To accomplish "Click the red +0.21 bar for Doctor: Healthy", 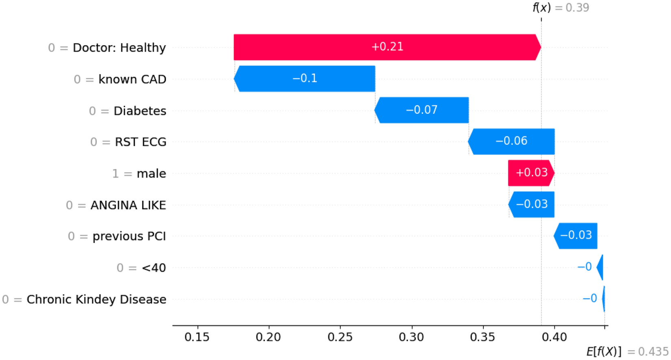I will pyautogui.click(x=387, y=47).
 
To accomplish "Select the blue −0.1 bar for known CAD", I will pyautogui.click(x=305, y=78).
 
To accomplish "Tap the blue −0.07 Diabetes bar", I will pyautogui.click(x=422, y=110).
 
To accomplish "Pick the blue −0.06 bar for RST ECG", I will pyautogui.click(x=511, y=141).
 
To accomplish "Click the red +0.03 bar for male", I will pyautogui.click(x=531, y=173).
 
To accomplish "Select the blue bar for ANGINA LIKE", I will pyautogui.click(x=531, y=204).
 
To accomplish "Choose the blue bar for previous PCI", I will pyautogui.click(x=576, y=236).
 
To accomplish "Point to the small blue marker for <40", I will pyautogui.click(x=600, y=267).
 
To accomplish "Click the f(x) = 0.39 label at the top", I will pyautogui.click(x=561, y=8).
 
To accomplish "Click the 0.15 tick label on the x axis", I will pyautogui.click(x=197, y=337).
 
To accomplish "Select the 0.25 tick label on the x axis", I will pyautogui.click(x=340, y=337).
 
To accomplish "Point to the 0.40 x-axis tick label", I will pyautogui.click(x=554, y=337).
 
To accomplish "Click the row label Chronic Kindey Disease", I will pyautogui.click(x=96, y=299).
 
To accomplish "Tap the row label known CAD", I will pyautogui.click(x=132, y=79).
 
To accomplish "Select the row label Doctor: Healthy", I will pyautogui.click(x=119, y=48).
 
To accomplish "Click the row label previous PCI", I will pyautogui.click(x=129, y=236).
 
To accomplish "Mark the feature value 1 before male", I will pyautogui.click(x=115, y=174).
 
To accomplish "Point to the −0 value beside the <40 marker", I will pyautogui.click(x=584, y=267).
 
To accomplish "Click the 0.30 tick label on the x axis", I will pyautogui.click(x=411, y=337).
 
